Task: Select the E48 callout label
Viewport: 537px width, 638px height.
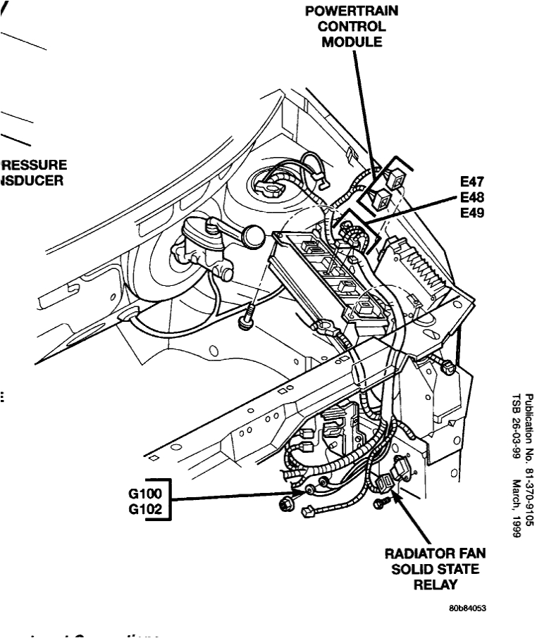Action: (470, 197)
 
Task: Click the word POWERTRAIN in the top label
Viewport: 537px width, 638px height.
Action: (352, 11)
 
